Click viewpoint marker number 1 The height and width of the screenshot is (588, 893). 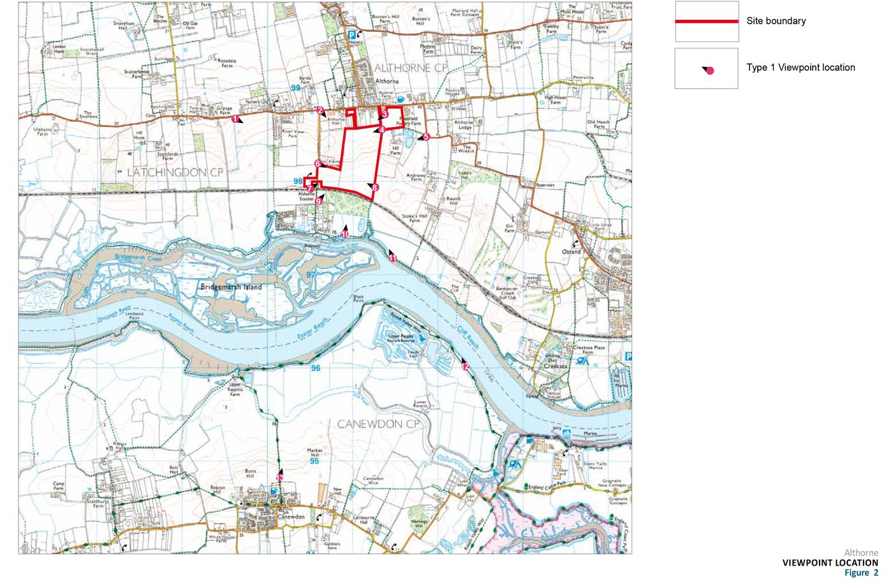[235, 119]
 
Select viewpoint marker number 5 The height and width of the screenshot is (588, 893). [426, 136]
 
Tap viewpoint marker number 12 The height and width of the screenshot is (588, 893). [465, 367]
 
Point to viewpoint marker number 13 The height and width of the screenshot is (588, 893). [279, 478]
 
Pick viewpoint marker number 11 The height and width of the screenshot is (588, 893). [393, 258]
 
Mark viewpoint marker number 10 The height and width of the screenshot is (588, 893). [345, 234]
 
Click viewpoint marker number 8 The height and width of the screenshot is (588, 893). [374, 187]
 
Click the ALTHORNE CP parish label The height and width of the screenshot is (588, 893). [411, 68]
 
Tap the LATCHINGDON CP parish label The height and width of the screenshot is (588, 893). [175, 172]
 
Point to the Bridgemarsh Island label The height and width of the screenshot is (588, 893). [231, 287]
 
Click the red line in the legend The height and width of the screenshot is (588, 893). [706, 21]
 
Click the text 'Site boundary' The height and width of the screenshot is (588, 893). [776, 21]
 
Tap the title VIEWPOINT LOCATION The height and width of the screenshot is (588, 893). [830, 563]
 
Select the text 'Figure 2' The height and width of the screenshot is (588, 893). [860, 573]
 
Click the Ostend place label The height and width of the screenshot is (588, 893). [571, 251]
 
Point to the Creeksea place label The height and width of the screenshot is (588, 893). [555, 367]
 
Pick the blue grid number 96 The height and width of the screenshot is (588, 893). [316, 369]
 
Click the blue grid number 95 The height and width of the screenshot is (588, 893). [314, 461]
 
